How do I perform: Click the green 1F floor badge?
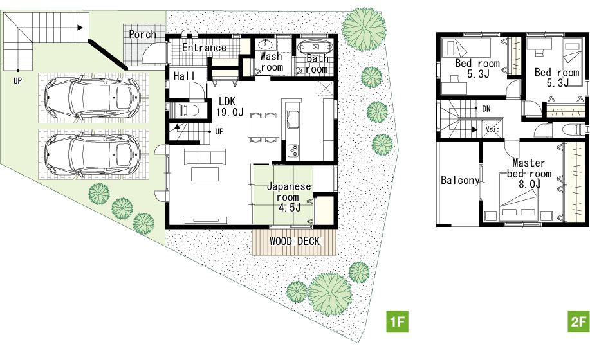[398, 321]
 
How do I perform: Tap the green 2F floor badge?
[578, 321]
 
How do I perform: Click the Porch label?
[143, 35]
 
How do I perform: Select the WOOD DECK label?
[295, 241]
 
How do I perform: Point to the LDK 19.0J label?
[230, 107]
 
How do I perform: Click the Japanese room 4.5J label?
[289, 197]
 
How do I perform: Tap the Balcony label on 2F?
[460, 181]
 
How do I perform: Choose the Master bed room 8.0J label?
[529, 173]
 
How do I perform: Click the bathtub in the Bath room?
[315, 48]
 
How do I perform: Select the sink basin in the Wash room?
[267, 45]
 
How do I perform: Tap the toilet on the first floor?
[185, 111]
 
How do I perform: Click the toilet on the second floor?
[574, 130]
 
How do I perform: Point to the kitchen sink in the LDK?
[293, 120]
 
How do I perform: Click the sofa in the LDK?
[205, 157]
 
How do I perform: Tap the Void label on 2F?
[493, 129]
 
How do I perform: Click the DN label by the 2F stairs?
[486, 109]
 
